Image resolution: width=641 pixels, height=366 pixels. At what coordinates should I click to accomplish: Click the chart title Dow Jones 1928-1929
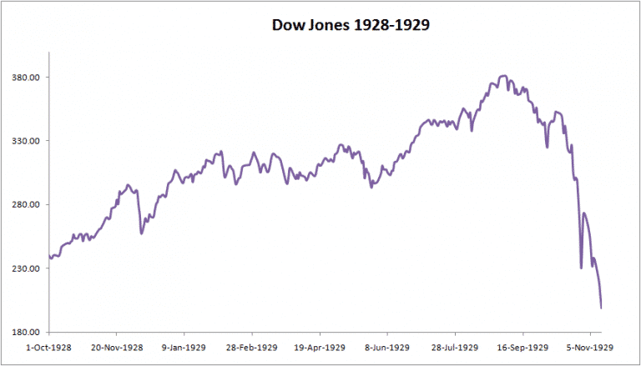(351, 25)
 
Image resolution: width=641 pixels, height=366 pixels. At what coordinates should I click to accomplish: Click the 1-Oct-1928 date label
(48, 347)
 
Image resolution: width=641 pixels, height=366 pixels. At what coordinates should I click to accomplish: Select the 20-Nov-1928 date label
(116, 347)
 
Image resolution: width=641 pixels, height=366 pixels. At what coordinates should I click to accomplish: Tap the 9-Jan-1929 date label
(185, 347)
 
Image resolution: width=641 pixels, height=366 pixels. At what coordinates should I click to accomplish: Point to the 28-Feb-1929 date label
(253, 347)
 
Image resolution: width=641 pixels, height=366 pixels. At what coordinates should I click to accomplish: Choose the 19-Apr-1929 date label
(321, 347)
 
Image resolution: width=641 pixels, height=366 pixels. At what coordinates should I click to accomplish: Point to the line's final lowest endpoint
(601, 308)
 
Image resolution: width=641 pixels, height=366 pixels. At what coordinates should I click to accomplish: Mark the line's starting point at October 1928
(49, 257)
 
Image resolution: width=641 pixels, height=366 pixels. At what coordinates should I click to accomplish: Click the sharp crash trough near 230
(581, 268)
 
